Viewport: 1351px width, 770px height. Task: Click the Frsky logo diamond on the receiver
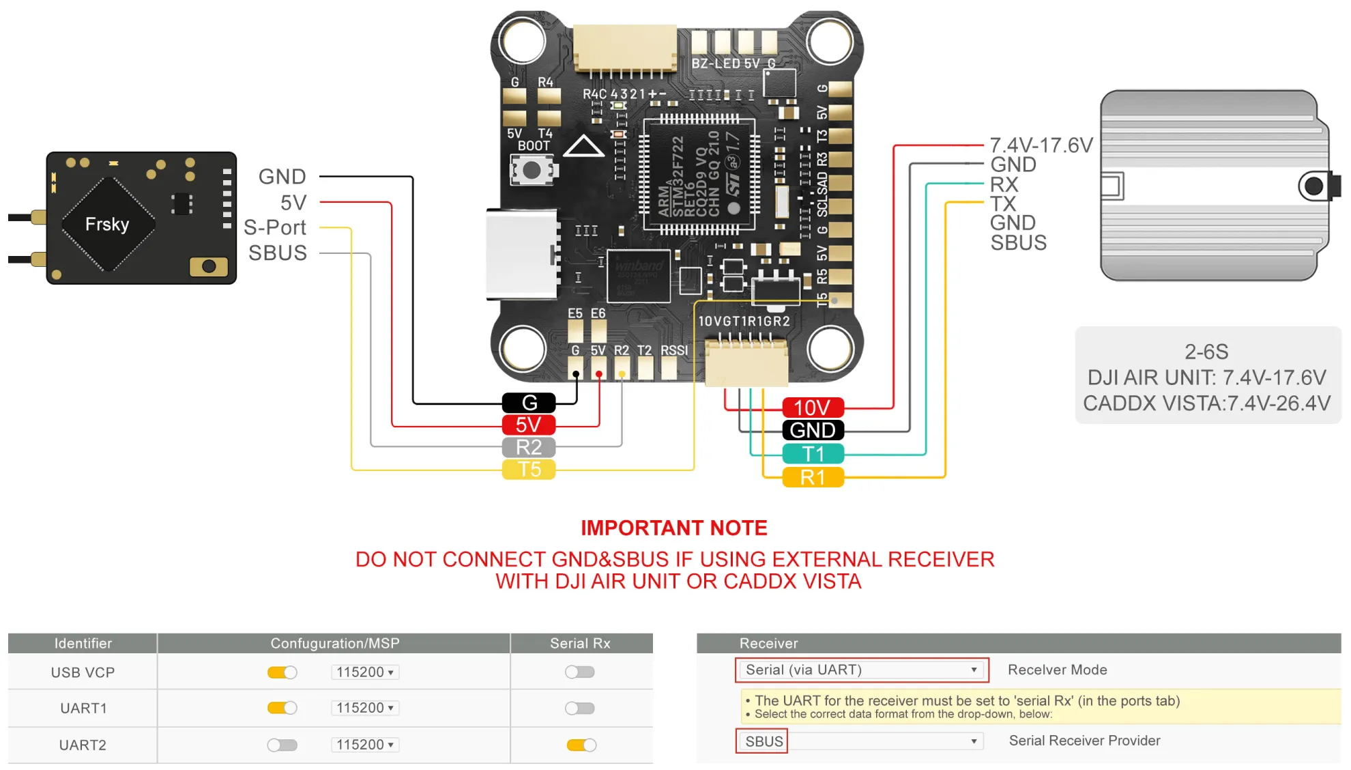[108, 224]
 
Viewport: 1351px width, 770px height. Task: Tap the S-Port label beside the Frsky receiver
[275, 227]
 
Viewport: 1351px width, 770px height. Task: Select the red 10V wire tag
[813, 408]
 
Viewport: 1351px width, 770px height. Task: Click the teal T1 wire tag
[813, 453]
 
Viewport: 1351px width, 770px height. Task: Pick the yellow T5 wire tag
[529, 470]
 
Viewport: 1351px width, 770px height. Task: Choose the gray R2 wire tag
[529, 447]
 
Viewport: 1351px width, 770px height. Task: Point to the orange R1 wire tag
[813, 477]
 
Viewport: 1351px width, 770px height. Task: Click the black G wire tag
[529, 403]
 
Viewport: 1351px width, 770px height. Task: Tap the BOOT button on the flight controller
[532, 171]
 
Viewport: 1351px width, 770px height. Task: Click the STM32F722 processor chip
[699, 175]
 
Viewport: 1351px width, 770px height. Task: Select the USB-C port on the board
[521, 255]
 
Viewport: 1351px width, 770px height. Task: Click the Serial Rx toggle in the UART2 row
[581, 745]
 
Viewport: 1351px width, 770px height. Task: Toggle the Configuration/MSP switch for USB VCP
[282, 672]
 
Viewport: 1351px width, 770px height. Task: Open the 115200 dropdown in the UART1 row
[365, 708]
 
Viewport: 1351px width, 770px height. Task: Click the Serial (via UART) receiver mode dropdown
[861, 670]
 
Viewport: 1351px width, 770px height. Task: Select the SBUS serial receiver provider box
[762, 741]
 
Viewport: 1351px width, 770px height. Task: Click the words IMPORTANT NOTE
[673, 528]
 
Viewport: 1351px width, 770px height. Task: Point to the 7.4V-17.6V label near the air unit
[1041, 145]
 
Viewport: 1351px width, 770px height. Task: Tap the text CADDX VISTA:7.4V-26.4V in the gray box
[1206, 403]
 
